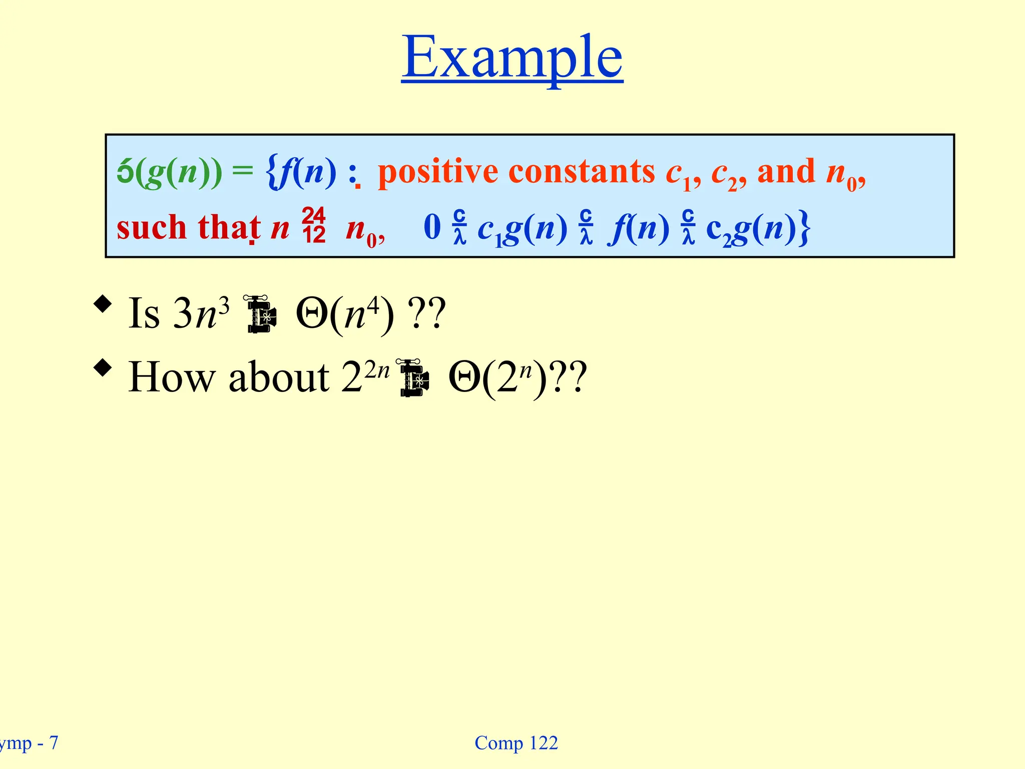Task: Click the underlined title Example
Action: (x=512, y=58)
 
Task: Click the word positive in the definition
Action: (x=438, y=172)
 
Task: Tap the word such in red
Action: (x=151, y=228)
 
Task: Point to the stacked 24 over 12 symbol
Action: (x=314, y=226)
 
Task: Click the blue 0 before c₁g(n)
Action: (x=432, y=227)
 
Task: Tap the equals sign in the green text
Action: (x=243, y=171)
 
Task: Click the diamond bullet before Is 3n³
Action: (x=103, y=304)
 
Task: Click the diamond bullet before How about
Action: (x=103, y=368)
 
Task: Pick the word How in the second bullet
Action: (x=171, y=377)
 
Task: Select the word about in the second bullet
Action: (x=279, y=377)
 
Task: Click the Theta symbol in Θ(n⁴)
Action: (x=312, y=314)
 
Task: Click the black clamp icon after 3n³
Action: (x=261, y=314)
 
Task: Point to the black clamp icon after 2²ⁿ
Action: (x=413, y=377)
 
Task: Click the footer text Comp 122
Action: (x=516, y=743)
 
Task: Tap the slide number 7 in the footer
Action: (x=54, y=742)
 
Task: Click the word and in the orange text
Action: (x=786, y=172)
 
